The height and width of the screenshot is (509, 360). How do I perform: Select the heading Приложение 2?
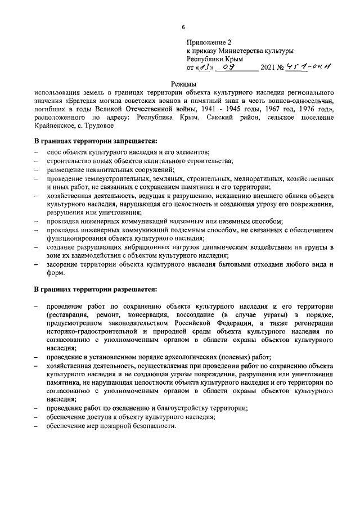coord(209,42)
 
